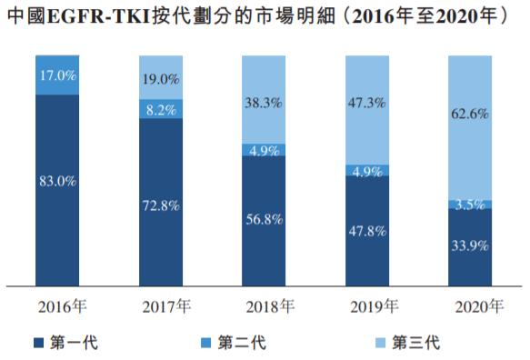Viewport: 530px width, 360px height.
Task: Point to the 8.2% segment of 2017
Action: [x=160, y=108]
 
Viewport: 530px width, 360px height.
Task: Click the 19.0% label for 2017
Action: [x=160, y=79]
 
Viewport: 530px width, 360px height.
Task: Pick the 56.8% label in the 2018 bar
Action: [x=265, y=219]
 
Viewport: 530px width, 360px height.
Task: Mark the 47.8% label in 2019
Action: [x=368, y=231]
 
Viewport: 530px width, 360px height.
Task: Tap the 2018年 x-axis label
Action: [x=265, y=306]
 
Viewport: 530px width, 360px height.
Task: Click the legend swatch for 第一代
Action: [x=37, y=343]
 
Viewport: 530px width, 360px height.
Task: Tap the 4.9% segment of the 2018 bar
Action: [x=265, y=150]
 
